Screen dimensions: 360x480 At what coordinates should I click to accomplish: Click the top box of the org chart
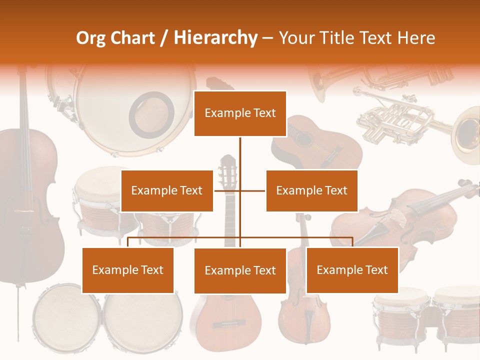pos(240,113)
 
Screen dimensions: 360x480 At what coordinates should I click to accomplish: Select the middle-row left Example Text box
pos(167,190)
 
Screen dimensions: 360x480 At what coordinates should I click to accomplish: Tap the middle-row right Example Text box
pos(311,190)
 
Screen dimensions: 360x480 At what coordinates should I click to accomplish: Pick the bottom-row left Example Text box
pos(128,270)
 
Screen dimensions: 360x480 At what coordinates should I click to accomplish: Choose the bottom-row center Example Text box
pos(240,270)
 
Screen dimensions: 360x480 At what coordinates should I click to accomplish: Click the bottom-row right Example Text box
pos(352,270)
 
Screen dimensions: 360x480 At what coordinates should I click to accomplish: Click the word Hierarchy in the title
pos(215,38)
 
